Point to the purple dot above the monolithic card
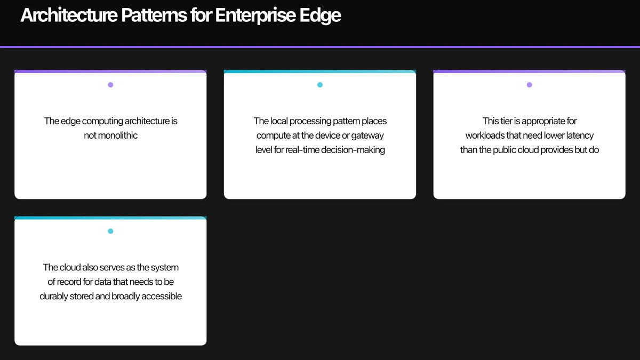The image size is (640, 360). (x=110, y=85)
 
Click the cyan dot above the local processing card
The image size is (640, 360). (x=320, y=85)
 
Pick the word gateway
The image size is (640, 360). (x=367, y=135)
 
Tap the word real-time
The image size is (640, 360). (x=303, y=150)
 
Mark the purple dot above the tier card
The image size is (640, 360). (x=529, y=85)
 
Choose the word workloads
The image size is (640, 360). (x=487, y=135)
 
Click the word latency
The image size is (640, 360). (x=577, y=135)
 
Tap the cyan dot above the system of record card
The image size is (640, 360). (x=110, y=231)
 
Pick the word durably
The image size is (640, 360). (x=53, y=296)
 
